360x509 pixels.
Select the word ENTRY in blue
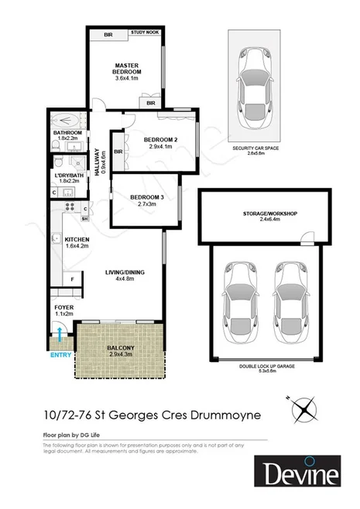[59, 355]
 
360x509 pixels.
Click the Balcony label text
[120, 348]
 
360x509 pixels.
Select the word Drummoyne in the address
[234, 415]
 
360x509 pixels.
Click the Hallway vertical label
[97, 163]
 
